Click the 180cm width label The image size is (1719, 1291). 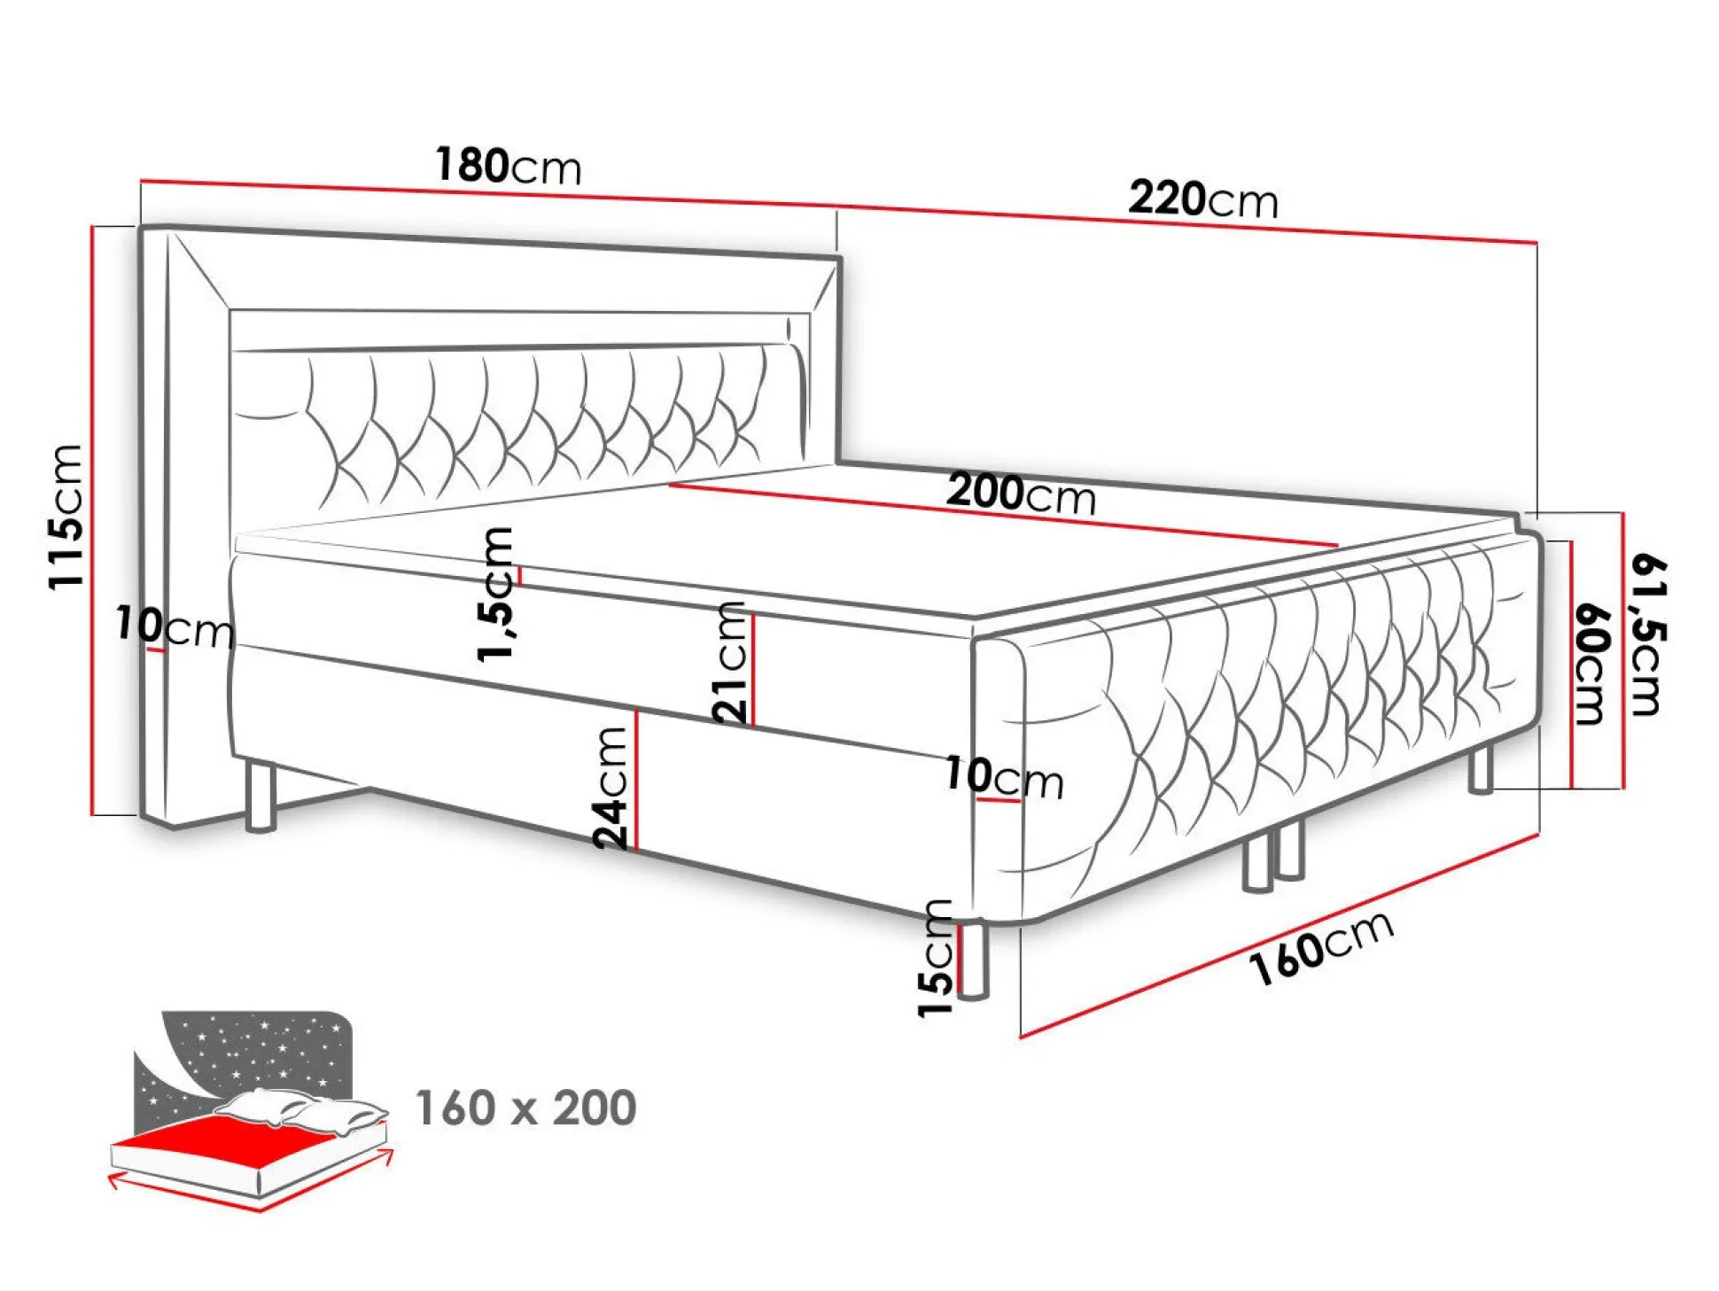[x=508, y=166]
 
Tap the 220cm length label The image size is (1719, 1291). [x=1203, y=199]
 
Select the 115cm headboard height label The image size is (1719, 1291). [x=66, y=517]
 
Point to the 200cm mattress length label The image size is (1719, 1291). [x=1021, y=494]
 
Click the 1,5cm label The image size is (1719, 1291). [x=494, y=594]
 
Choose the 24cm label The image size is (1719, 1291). [x=611, y=788]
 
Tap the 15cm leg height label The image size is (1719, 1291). [x=936, y=958]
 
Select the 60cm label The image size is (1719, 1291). [x=1591, y=665]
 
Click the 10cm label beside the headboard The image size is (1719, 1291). [x=175, y=626]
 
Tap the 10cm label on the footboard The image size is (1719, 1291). [x=1004, y=777]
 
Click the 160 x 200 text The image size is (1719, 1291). [x=526, y=1108]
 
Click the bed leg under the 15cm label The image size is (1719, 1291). [x=973, y=961]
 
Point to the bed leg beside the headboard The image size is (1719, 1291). [x=261, y=795]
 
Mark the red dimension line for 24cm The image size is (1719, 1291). [x=636, y=781]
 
